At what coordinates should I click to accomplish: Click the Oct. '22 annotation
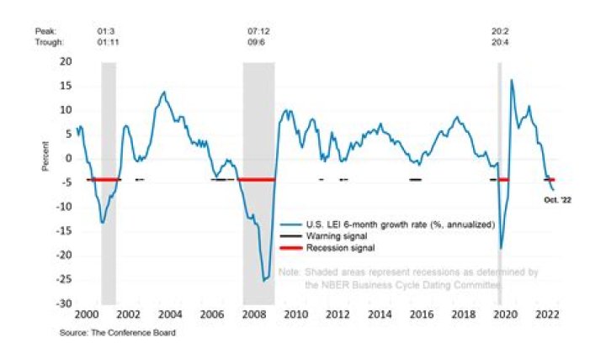(557, 199)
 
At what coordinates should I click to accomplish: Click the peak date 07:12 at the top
(258, 31)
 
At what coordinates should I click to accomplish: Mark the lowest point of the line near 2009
(264, 280)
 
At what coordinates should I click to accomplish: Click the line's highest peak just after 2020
(512, 81)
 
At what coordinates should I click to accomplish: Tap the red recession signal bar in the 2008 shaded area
(258, 179)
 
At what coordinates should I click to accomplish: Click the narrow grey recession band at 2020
(500, 126)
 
